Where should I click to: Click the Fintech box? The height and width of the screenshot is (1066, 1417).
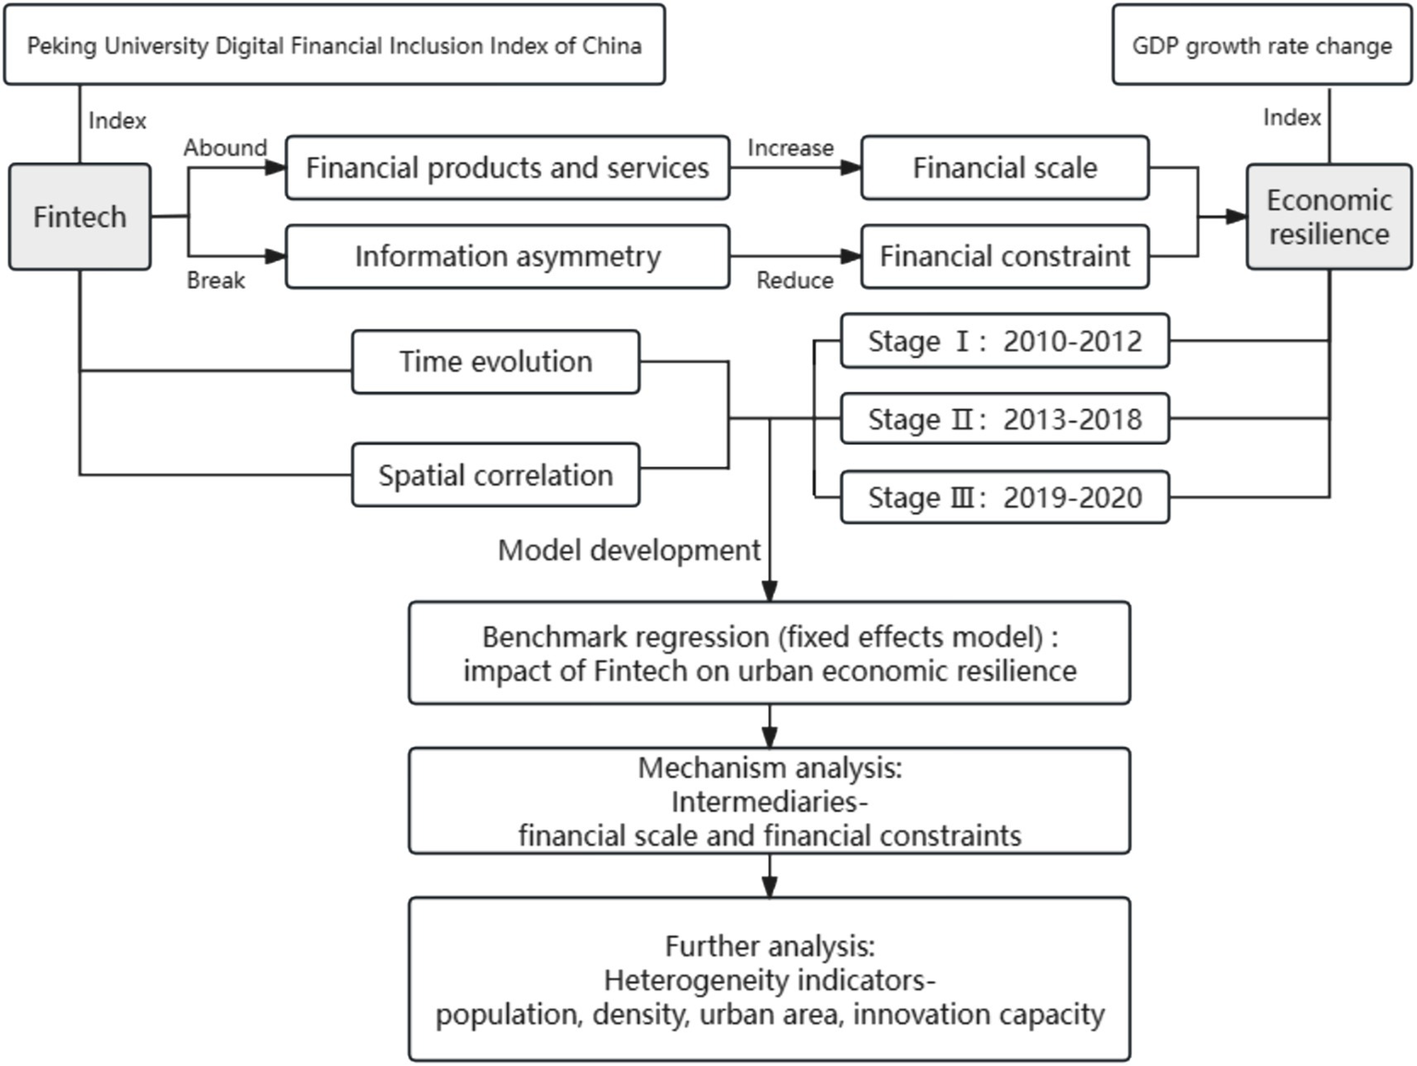(x=79, y=217)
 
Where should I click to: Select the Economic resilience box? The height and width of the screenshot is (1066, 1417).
(x=1328, y=217)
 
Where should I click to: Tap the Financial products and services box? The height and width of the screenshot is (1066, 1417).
(x=507, y=168)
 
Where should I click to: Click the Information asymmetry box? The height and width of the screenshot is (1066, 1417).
(x=507, y=257)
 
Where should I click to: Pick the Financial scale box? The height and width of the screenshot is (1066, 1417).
(x=1004, y=168)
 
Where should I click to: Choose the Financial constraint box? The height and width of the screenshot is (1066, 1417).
(x=1004, y=257)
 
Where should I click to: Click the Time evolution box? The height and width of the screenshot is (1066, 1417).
(x=495, y=362)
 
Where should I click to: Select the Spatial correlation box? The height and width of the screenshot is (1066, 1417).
(x=495, y=475)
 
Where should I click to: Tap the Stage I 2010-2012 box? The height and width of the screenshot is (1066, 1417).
(x=1004, y=341)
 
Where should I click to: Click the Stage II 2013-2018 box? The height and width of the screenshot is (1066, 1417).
(x=1004, y=419)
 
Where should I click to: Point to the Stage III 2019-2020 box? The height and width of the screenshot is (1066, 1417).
(x=1004, y=497)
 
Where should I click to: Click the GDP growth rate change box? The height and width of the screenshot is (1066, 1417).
(x=1261, y=45)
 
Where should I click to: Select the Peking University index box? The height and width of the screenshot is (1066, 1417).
(x=334, y=45)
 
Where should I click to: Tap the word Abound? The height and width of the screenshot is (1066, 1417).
(x=225, y=148)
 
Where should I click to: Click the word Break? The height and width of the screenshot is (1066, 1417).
(x=216, y=281)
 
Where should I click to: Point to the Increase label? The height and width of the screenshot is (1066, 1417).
(x=790, y=148)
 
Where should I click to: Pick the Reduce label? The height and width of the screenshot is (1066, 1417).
(x=795, y=281)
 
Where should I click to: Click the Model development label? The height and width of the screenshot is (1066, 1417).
(x=629, y=551)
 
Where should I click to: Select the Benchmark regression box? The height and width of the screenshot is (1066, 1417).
(x=769, y=653)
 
